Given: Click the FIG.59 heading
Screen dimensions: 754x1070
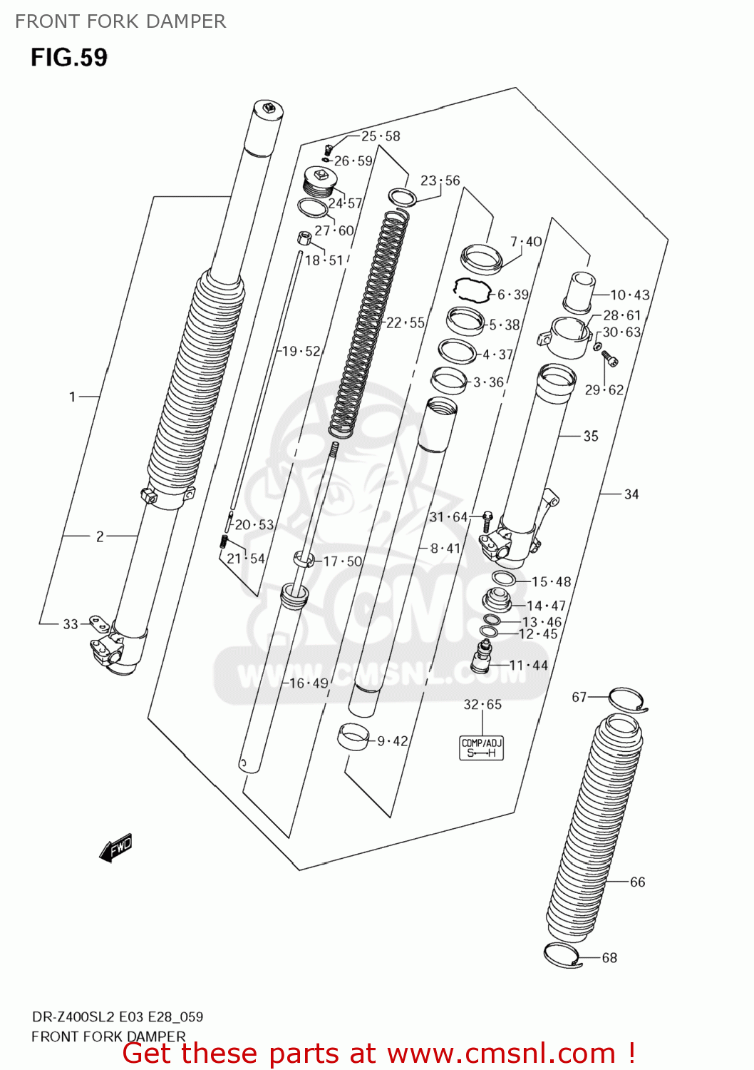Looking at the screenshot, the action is point(69,57).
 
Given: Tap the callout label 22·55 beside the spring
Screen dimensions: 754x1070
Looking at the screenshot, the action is point(406,323).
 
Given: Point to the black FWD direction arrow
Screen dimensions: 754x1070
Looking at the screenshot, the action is point(115,848).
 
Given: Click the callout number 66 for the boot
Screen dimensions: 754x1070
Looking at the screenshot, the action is point(638,882).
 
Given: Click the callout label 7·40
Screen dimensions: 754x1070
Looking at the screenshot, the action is point(527,242).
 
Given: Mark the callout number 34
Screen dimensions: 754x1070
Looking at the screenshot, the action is point(631,494).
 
